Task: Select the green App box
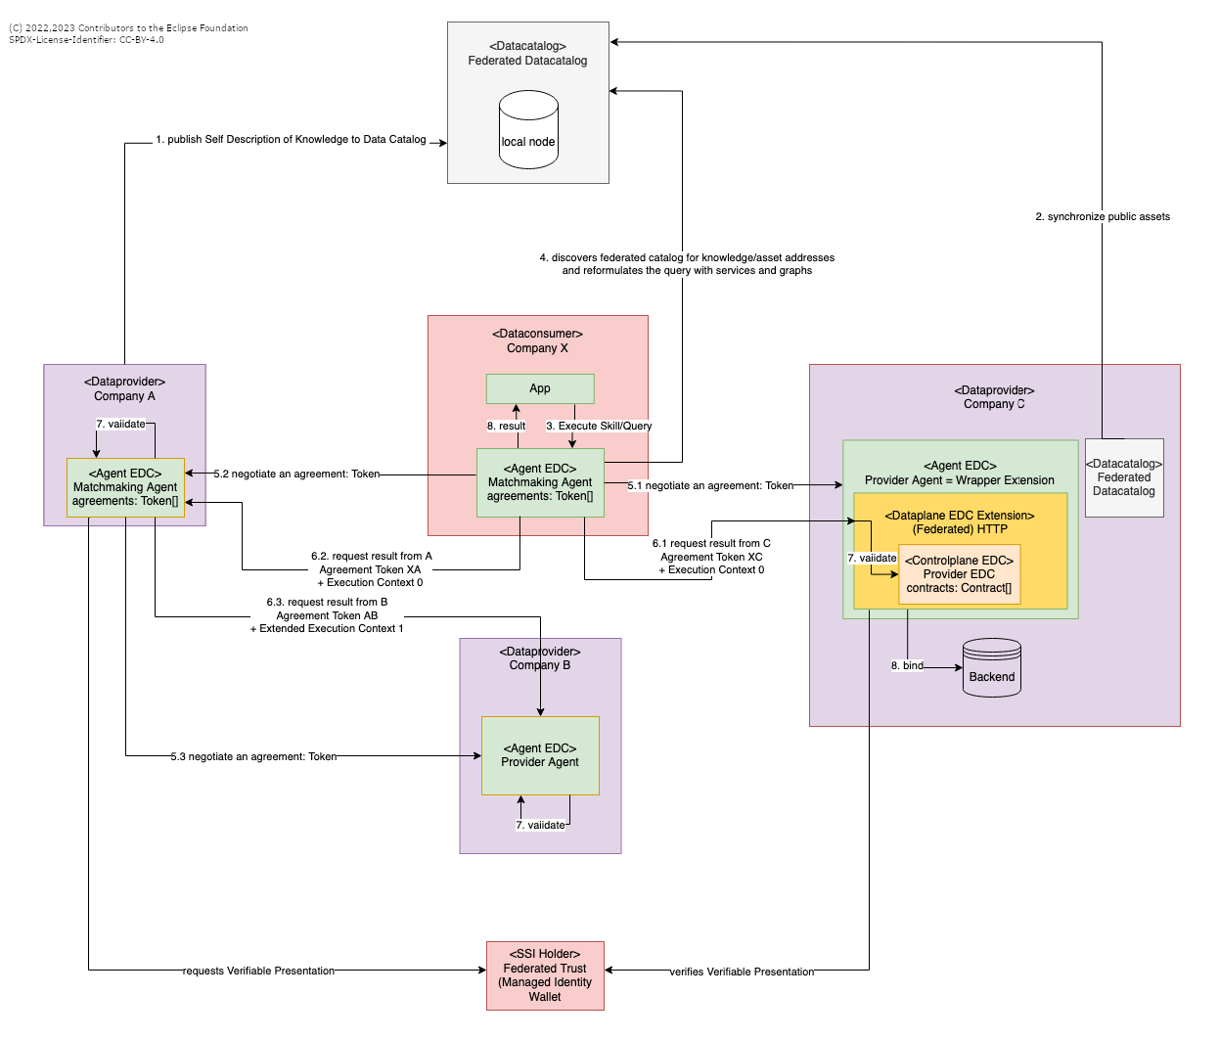pyautogui.click(x=540, y=388)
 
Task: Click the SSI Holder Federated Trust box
pyautogui.click(x=545, y=975)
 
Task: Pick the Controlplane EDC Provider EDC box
pyautogui.click(x=959, y=574)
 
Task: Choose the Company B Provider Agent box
pyautogui.click(x=540, y=755)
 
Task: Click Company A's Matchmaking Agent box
pyautogui.click(x=125, y=487)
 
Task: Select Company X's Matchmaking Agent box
pyautogui.click(x=540, y=482)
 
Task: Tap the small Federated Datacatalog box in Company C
pyautogui.click(x=1124, y=477)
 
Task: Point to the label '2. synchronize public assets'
pyautogui.click(x=1103, y=217)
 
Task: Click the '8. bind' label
pyautogui.click(x=907, y=666)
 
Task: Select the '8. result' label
pyautogui.click(x=506, y=427)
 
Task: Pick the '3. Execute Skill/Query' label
pyautogui.click(x=599, y=427)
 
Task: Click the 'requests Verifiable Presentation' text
pyautogui.click(x=258, y=971)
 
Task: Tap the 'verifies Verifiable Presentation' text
pyautogui.click(x=742, y=972)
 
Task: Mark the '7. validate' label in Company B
pyautogui.click(x=540, y=826)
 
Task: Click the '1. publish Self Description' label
pyautogui.click(x=291, y=140)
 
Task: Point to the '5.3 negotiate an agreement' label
pyautogui.click(x=253, y=757)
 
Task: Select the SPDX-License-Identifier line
pyautogui.click(x=86, y=40)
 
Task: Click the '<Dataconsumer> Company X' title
pyautogui.click(x=537, y=341)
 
